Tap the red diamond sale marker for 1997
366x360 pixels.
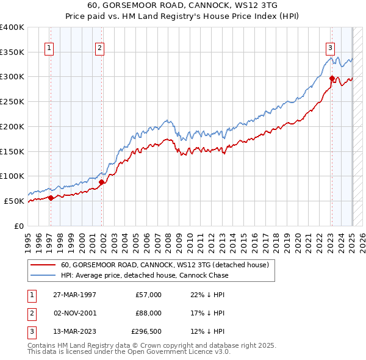click(x=51, y=197)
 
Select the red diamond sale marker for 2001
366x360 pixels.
click(x=102, y=182)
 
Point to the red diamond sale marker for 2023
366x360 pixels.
click(x=332, y=78)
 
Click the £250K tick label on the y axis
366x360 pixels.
click(x=12, y=102)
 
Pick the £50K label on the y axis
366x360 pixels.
click(x=15, y=201)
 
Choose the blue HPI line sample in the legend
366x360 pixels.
click(x=42, y=275)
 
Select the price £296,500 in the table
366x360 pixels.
click(x=146, y=331)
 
